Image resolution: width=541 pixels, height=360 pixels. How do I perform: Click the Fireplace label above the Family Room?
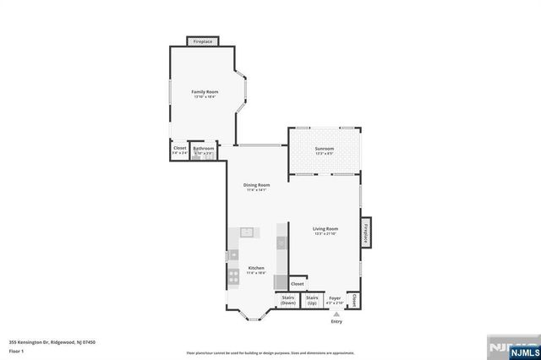pos(203,41)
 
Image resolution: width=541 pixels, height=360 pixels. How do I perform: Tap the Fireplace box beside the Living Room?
pos(366,232)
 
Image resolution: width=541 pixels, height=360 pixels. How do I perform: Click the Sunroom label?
pos(325,150)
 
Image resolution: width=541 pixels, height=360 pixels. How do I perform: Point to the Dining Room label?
pos(256,186)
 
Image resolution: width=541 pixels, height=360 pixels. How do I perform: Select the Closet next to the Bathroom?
pos(179,150)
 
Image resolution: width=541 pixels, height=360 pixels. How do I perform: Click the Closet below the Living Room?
pos(298,285)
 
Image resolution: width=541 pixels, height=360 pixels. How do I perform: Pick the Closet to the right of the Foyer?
pos(354,300)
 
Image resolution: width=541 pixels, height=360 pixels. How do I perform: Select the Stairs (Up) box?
pos(312,300)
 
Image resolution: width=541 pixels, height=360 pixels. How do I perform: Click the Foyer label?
pos(335,299)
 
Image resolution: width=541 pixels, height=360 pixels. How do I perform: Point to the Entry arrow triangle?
pos(336,314)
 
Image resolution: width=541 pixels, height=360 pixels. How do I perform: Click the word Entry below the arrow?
pos(336,322)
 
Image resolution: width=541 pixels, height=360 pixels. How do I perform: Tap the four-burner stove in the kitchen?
pos(232,276)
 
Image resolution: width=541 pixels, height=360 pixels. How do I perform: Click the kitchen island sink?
pos(248,232)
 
